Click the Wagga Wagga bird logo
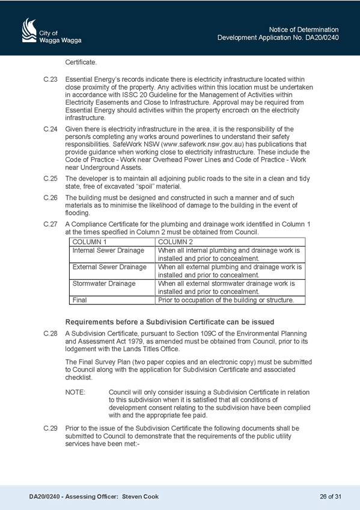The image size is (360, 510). tap(29, 30)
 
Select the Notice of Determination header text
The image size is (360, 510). tap(304, 29)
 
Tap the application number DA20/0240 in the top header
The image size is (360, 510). tap(322, 38)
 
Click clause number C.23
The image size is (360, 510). tap(50, 79)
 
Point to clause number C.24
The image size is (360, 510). tap(50, 129)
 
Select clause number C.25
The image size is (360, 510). tap(50, 179)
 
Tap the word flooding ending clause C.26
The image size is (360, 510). tap(78, 214)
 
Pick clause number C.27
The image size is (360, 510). tap(50, 224)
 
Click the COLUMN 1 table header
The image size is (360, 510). tap(90, 242)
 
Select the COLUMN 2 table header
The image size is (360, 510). tap(175, 242)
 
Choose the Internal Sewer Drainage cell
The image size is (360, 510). tap(108, 250)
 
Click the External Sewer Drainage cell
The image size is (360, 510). tap(109, 267)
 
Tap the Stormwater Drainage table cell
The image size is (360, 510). tap(104, 284)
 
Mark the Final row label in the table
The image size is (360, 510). tap(79, 300)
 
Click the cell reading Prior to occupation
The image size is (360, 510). tap(226, 300)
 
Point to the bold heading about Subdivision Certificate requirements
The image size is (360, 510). tap(169, 322)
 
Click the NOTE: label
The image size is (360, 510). tap(75, 392)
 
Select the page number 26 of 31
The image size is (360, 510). tap(331, 497)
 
